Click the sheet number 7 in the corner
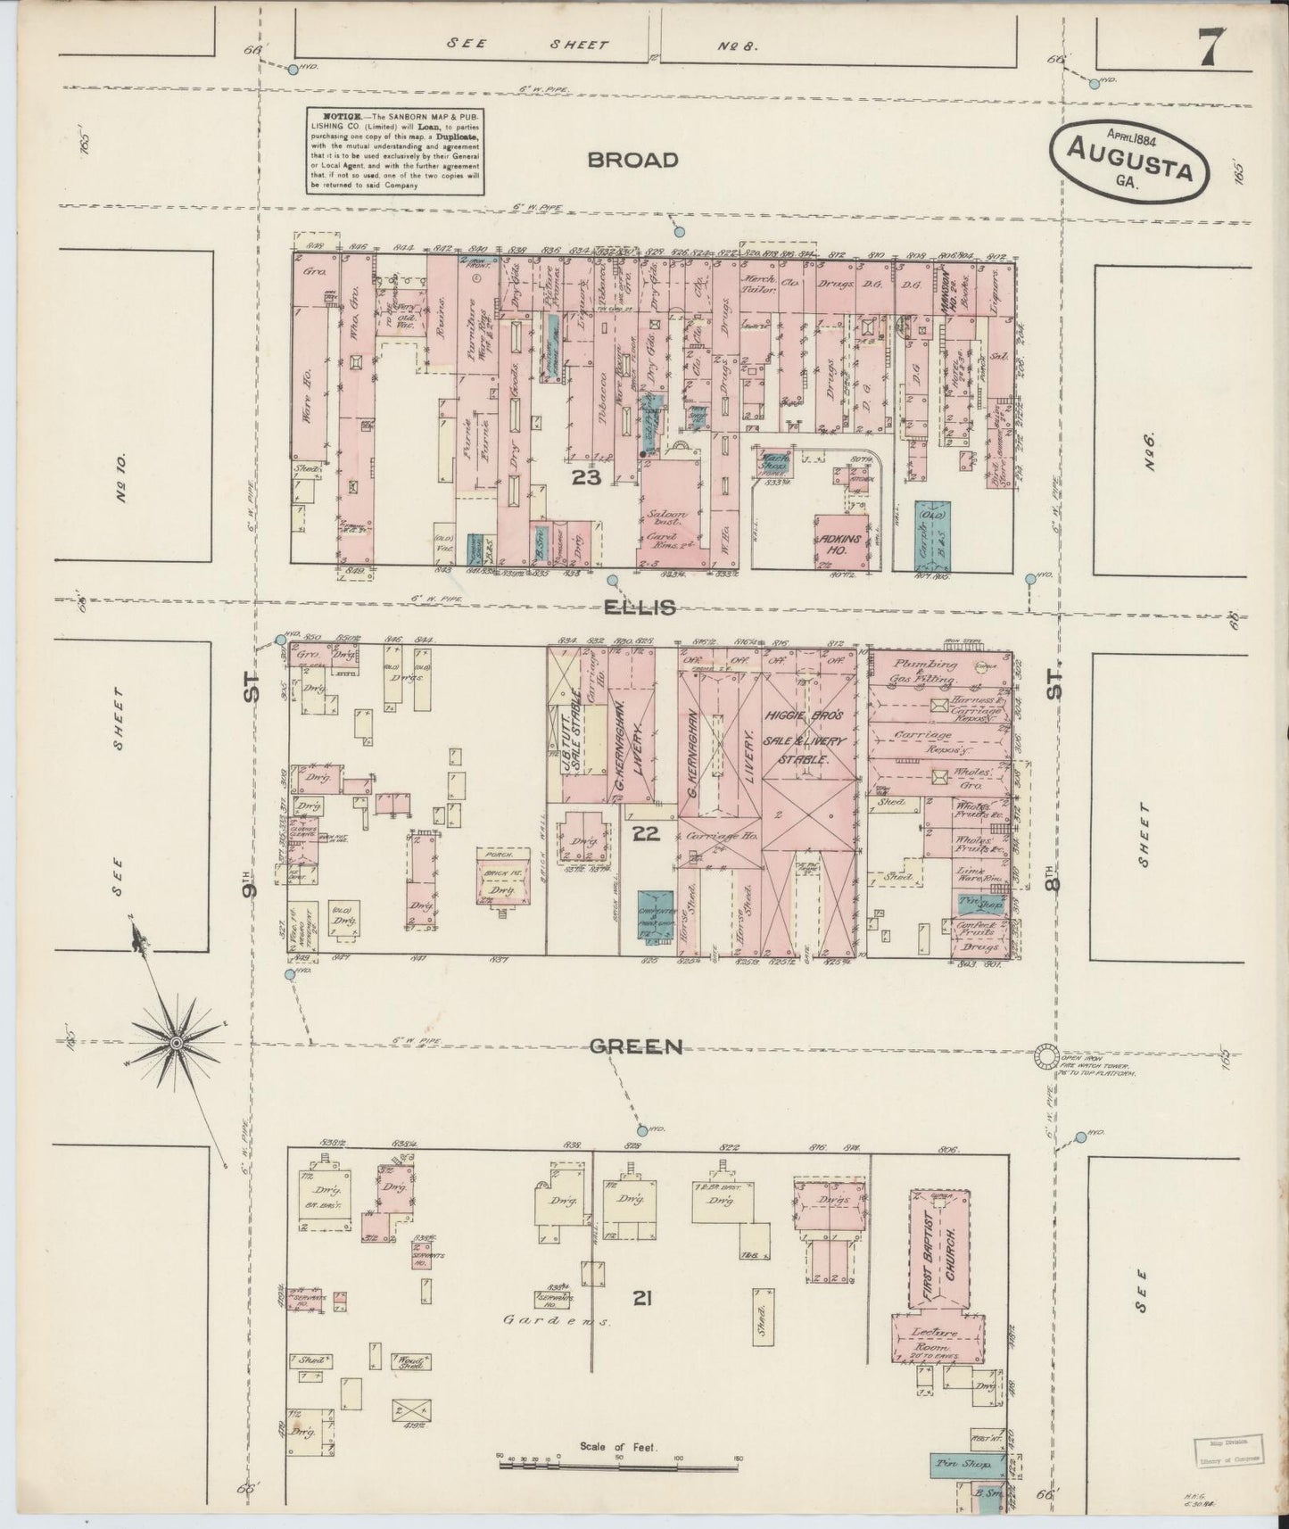1210,47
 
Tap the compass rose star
177,1042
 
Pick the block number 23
587,478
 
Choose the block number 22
645,833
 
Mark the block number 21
642,1299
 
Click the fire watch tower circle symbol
1046,1054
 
